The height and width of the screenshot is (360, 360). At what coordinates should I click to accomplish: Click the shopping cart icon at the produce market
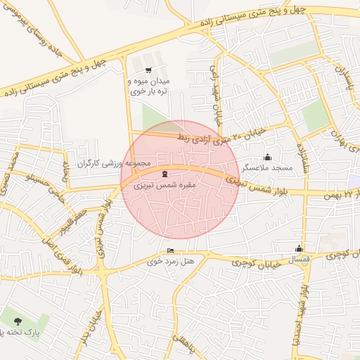pyautogui.click(x=148, y=70)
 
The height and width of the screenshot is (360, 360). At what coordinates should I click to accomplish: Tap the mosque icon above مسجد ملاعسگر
pyautogui.click(x=267, y=157)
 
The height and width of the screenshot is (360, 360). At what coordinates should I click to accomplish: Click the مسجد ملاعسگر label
pyautogui.click(x=267, y=168)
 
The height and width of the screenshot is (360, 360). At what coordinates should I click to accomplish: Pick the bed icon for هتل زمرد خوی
pyautogui.click(x=170, y=251)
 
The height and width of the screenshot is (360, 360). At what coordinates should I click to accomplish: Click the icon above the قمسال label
pyautogui.click(x=300, y=248)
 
